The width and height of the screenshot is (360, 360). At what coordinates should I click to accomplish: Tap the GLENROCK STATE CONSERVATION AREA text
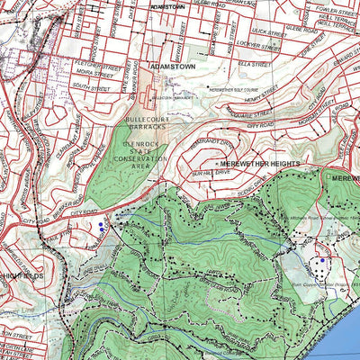[147, 153]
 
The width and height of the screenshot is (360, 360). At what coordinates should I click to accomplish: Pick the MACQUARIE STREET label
[253, 114]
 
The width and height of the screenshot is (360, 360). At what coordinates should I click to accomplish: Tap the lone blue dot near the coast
[322, 260]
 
